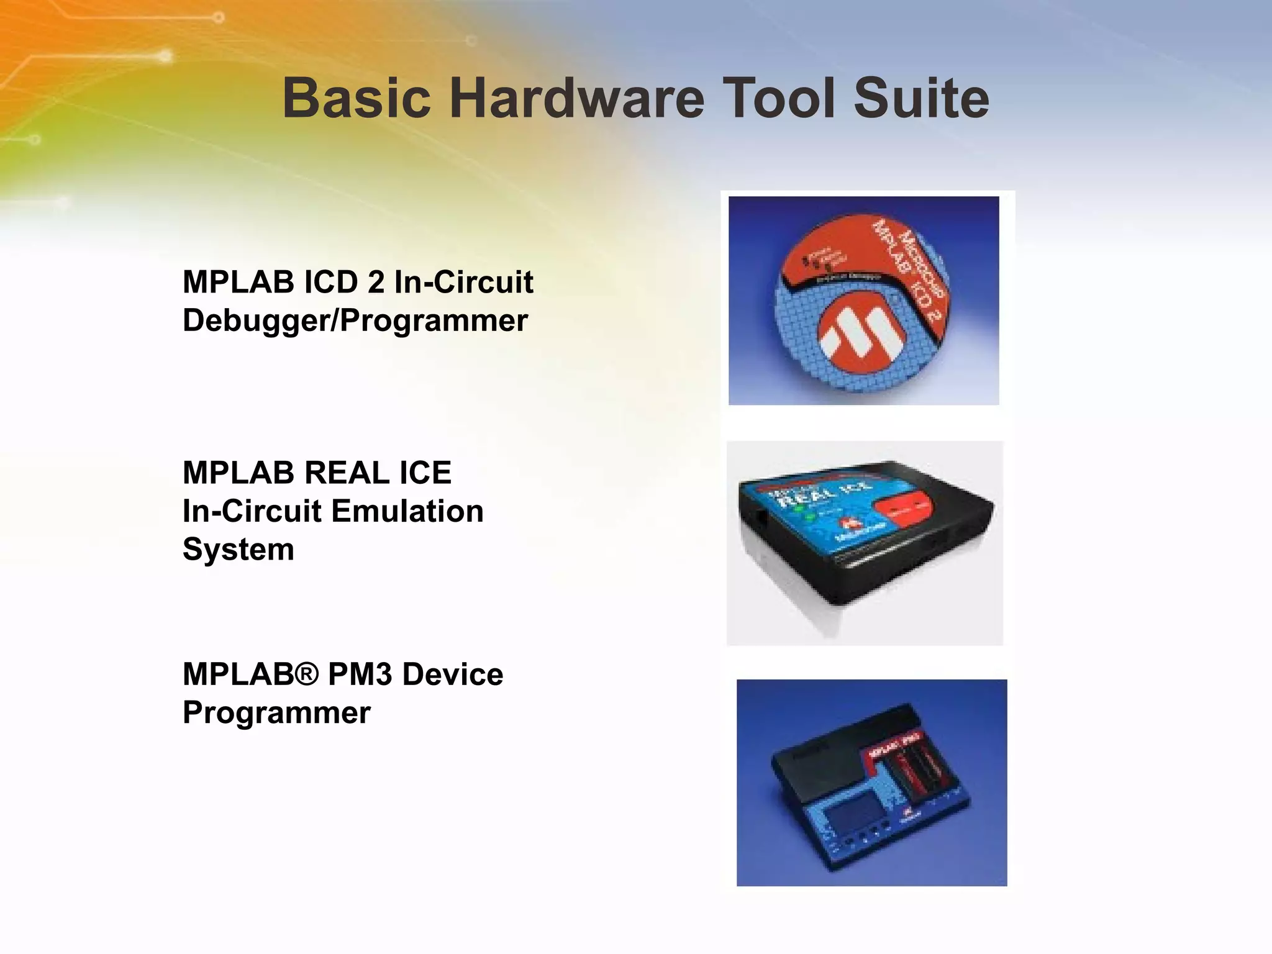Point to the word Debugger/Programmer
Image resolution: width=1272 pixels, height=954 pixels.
click(x=355, y=321)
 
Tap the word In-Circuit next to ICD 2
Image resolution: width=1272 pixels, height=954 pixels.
click(x=463, y=283)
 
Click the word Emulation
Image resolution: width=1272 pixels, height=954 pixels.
click(x=407, y=512)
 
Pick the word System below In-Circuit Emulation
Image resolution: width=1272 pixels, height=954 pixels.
click(x=238, y=550)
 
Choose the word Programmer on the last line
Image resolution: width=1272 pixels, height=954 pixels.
click(x=276, y=712)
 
